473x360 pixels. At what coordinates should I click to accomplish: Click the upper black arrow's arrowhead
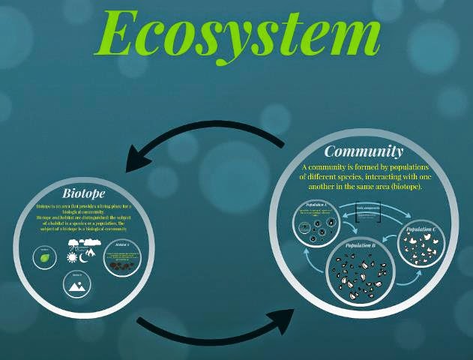pos(142,158)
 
